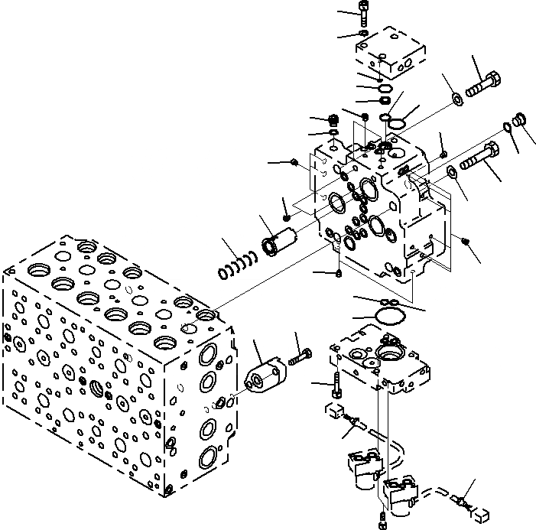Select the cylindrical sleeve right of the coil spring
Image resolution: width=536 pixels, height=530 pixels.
[276, 241]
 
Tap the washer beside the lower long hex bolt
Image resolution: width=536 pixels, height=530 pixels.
[453, 171]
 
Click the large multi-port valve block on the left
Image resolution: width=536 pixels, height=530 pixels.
[115, 359]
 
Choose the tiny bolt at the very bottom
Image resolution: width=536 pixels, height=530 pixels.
[383, 523]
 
